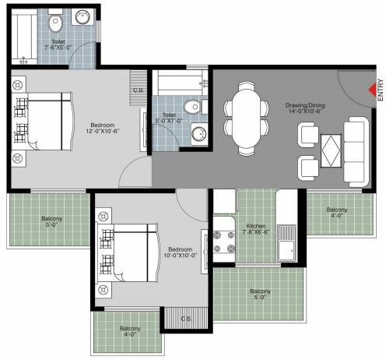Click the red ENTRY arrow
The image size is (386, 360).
click(x=373, y=90)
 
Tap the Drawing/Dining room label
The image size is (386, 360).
click(x=305, y=108)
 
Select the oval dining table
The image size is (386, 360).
click(x=246, y=118)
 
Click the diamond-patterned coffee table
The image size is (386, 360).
click(x=331, y=150)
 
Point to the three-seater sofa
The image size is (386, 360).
click(x=356, y=152)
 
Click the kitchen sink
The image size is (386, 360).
click(x=286, y=243)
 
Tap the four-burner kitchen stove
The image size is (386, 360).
click(x=224, y=242)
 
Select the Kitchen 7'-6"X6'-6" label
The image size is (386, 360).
click(x=256, y=229)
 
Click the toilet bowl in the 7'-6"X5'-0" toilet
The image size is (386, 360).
click(x=55, y=23)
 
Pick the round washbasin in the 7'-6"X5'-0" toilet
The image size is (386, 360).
click(x=82, y=16)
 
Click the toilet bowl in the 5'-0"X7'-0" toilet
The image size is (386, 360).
click(x=192, y=108)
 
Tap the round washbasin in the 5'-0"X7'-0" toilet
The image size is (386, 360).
click(x=199, y=134)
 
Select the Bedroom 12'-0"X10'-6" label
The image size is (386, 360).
click(x=103, y=128)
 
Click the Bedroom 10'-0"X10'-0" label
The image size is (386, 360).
click(x=180, y=252)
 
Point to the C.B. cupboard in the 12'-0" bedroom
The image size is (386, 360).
click(x=139, y=88)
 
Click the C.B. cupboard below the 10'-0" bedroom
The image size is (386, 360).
click(x=186, y=318)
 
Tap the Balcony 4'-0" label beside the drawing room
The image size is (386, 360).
click(x=337, y=213)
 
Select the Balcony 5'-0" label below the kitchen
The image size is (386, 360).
click(x=260, y=294)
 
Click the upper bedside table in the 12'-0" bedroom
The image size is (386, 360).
click(x=19, y=84)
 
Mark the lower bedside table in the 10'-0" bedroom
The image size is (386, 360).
click(x=104, y=290)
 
